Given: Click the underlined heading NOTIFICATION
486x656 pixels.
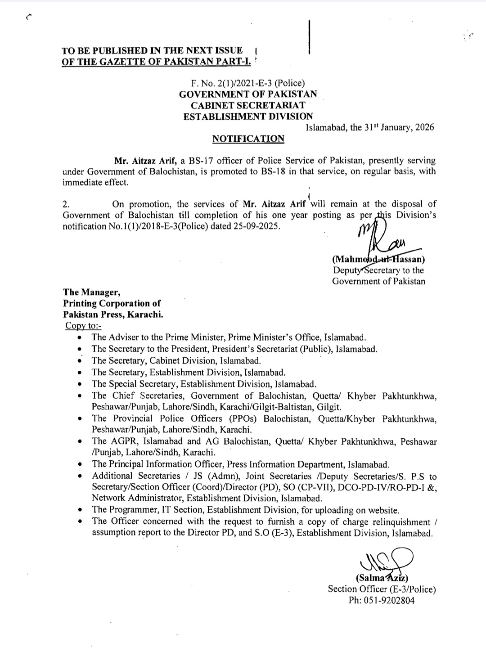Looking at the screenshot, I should (x=248, y=139).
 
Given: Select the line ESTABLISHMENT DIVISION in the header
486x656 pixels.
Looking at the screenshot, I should (x=248, y=116).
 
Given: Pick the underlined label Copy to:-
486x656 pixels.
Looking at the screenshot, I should (x=83, y=325).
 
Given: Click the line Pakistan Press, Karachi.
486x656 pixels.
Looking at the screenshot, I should (x=113, y=314).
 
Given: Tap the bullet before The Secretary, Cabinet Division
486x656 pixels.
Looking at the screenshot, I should (x=80, y=360).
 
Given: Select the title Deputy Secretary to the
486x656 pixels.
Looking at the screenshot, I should (x=378, y=270).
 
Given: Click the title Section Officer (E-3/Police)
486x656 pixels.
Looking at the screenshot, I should (x=382, y=589).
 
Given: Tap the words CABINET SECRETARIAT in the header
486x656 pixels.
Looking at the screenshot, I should (x=248, y=105).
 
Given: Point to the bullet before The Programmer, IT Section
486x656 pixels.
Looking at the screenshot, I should (x=80, y=510).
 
